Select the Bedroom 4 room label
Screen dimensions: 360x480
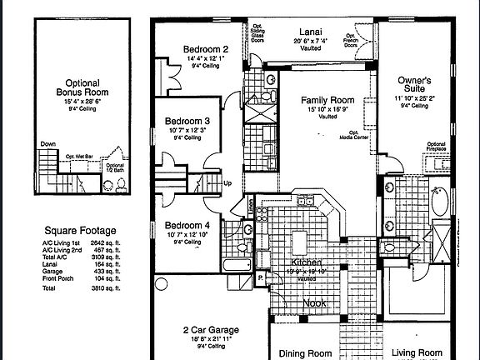187,226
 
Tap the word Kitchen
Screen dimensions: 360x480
302,262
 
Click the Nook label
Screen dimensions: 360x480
315,304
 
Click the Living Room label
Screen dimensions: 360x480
417,353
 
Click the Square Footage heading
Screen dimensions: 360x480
80,231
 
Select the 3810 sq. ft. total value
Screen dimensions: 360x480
106,287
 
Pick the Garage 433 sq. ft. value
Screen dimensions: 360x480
106,272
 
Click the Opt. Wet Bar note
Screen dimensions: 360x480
78,156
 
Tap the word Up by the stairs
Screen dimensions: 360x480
227,182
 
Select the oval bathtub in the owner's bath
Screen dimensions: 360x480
441,201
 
